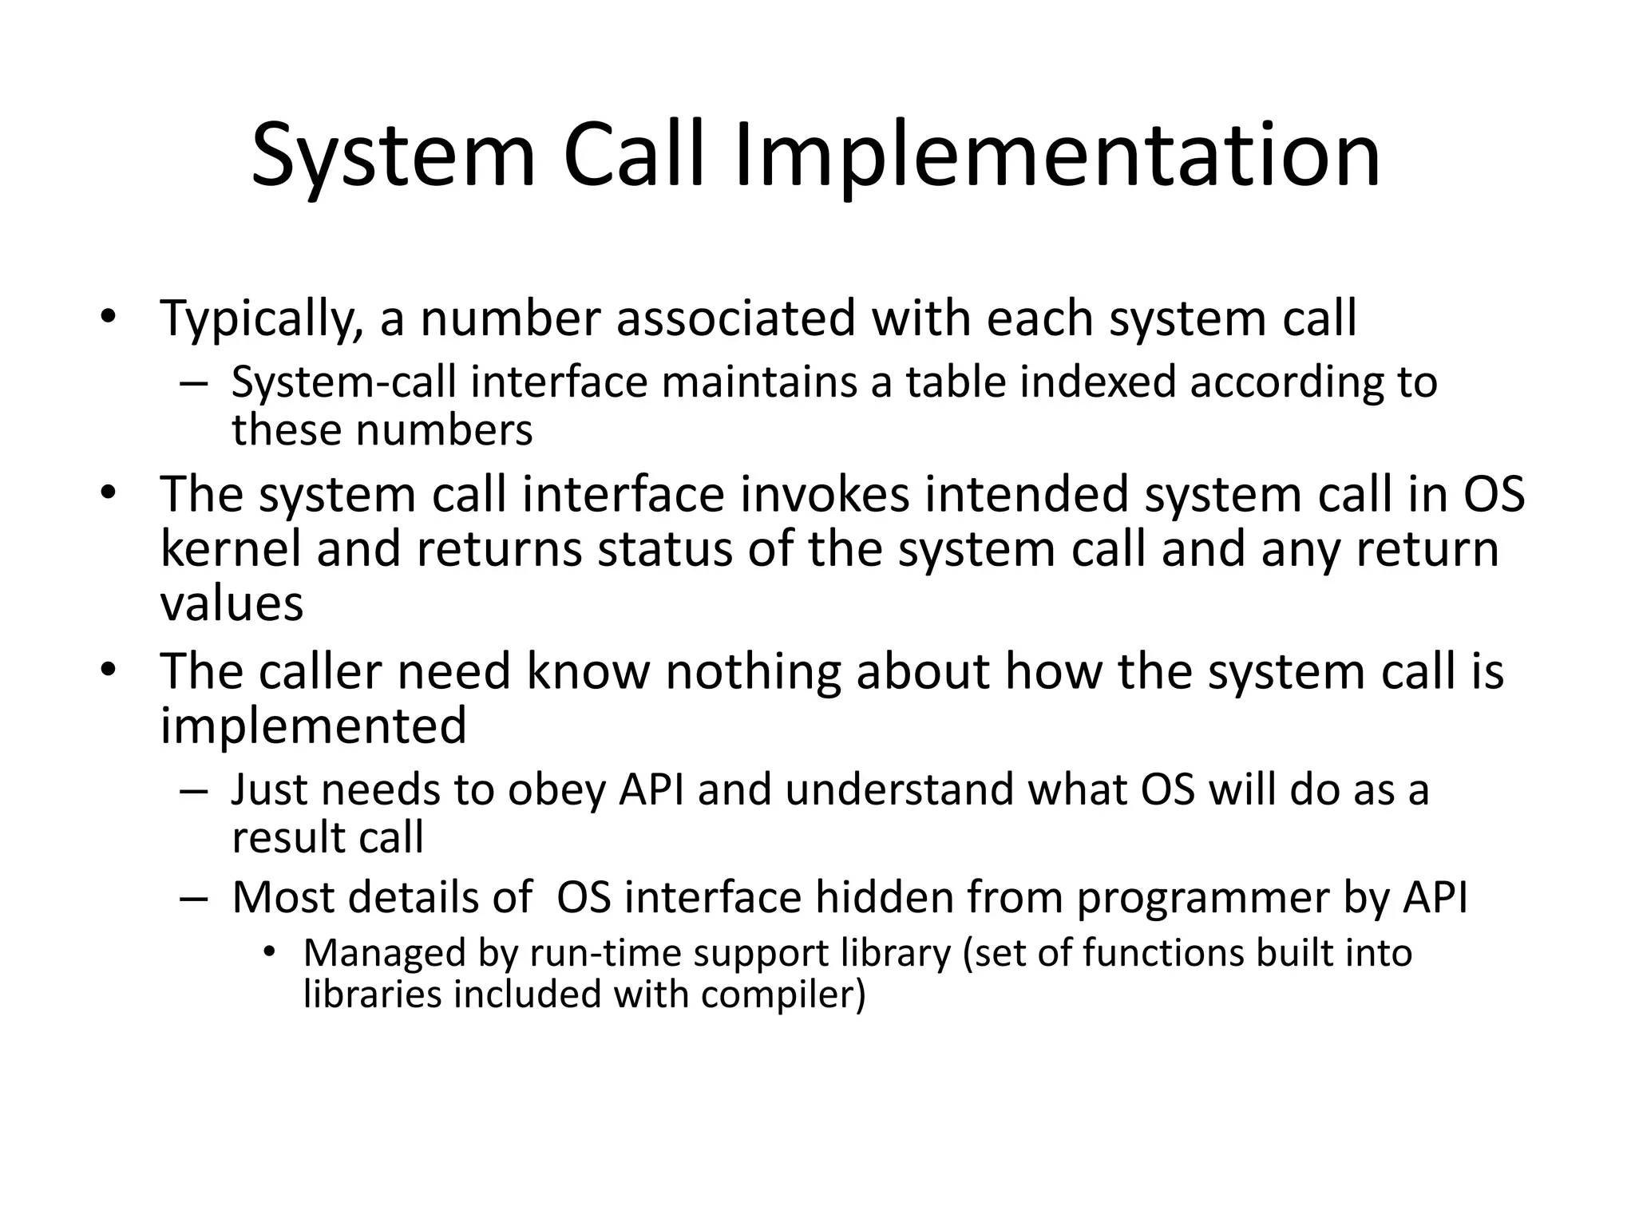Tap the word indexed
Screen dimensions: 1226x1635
(x=1098, y=382)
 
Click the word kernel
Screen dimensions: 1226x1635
(x=231, y=550)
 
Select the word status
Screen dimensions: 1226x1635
(x=665, y=550)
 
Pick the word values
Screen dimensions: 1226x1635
(x=232, y=603)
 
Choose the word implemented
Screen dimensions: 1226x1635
(x=313, y=726)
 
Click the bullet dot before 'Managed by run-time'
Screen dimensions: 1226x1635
(x=270, y=951)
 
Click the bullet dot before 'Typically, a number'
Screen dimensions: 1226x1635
(x=109, y=316)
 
